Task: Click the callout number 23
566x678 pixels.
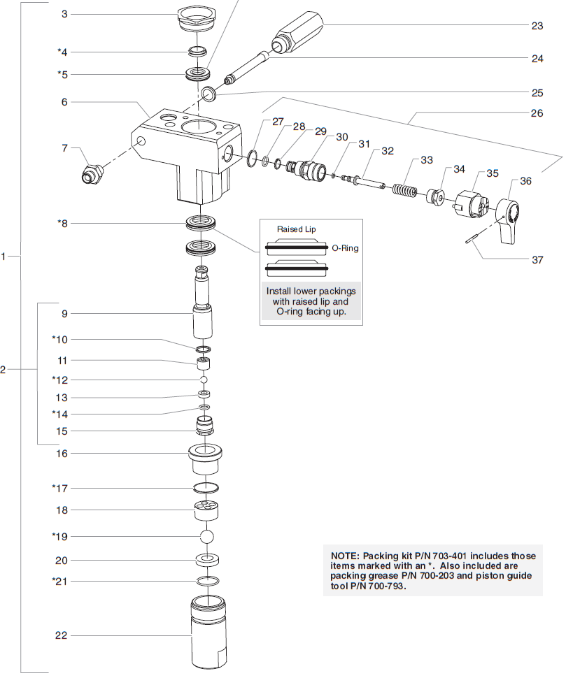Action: click(x=537, y=26)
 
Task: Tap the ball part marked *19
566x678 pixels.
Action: click(x=206, y=537)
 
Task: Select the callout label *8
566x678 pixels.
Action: click(x=62, y=224)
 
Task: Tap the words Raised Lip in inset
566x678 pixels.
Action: click(x=295, y=229)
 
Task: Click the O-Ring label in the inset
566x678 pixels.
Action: click(x=344, y=247)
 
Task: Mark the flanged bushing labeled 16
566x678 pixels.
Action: click(x=206, y=459)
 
